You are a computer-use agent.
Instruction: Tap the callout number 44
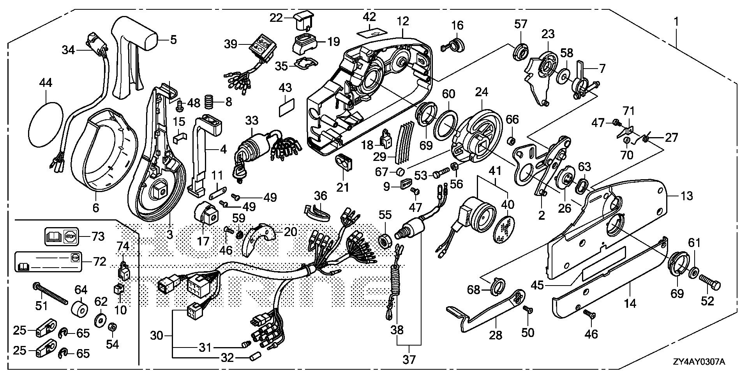pos(46,83)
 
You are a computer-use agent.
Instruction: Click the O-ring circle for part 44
pos(46,124)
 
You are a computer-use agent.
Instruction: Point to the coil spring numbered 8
pos(210,103)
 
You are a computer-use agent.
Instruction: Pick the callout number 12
pos(403,21)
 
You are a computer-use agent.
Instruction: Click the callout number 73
pos(98,236)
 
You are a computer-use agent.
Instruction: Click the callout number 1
pos(676,21)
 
